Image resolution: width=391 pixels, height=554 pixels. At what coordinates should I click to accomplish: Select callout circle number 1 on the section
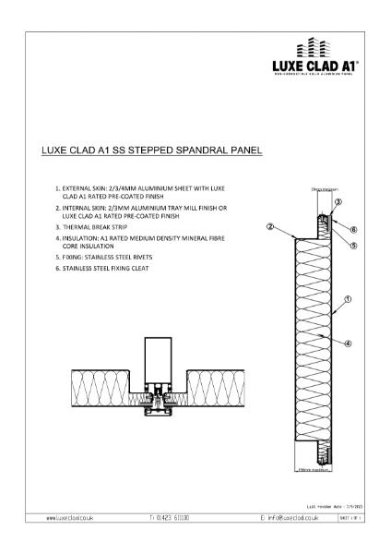347,299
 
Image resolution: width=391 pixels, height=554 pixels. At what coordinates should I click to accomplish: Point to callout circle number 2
269,225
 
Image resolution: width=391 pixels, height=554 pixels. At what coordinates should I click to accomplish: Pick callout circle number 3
338,201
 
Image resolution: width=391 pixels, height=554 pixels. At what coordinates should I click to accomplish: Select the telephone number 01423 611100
172,520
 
